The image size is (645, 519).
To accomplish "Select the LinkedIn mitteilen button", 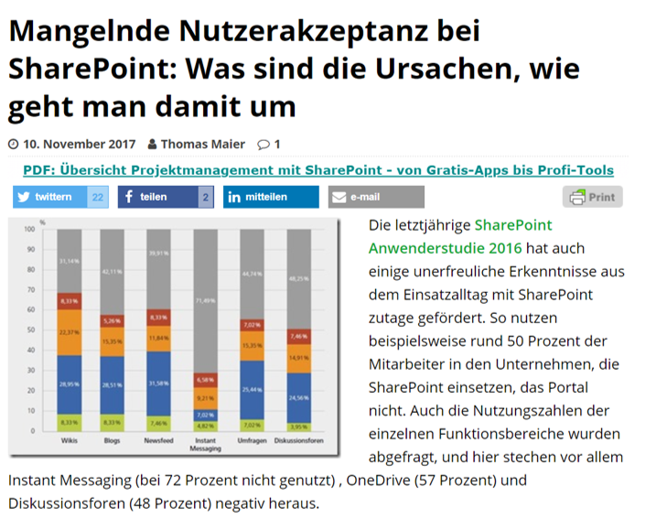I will pyautogui.click(x=271, y=197).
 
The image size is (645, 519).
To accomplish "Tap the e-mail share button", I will pyautogui.click(x=375, y=197).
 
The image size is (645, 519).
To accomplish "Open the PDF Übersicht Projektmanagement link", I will pyautogui.click(x=317, y=170).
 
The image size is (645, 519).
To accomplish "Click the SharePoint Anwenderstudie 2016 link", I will pyautogui.click(x=445, y=236).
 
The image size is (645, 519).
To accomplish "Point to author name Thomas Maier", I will pyautogui.click(x=203, y=144).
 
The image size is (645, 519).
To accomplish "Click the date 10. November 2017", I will pyautogui.click(x=79, y=144).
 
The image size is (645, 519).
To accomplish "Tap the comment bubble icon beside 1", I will pyautogui.click(x=263, y=144).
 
